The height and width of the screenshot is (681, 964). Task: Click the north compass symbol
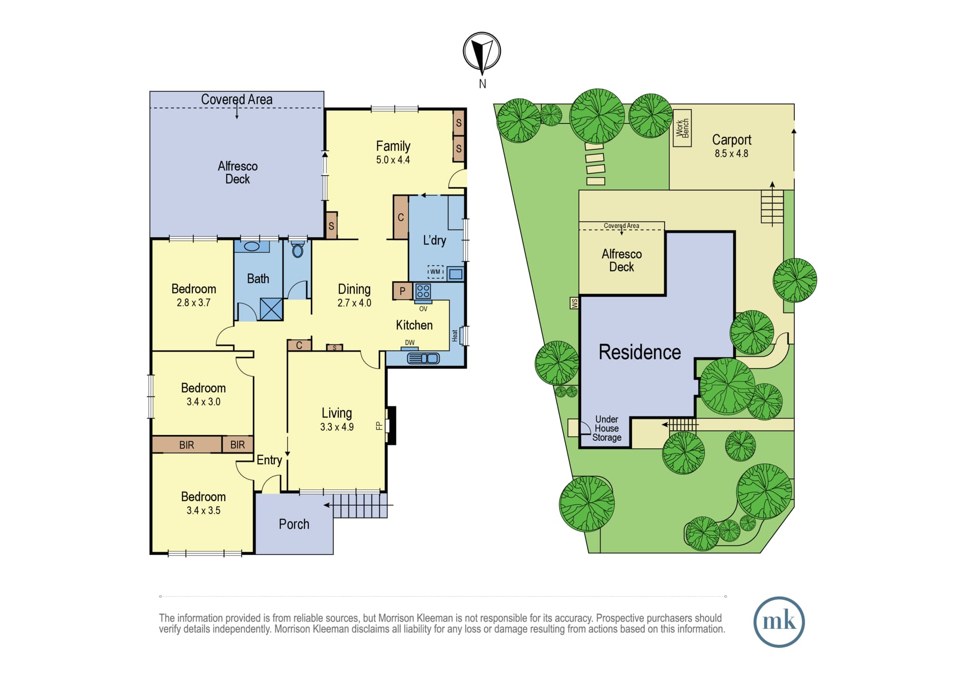point(482,51)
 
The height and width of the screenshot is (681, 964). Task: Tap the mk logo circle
point(779,622)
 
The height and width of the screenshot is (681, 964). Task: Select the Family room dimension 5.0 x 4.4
point(393,160)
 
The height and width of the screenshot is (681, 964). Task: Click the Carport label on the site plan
point(732,140)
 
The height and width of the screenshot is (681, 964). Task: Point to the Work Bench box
point(682,128)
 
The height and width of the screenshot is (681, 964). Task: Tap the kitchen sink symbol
point(423,358)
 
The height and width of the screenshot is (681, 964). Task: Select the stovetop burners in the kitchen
point(423,291)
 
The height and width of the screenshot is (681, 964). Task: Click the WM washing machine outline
point(435,272)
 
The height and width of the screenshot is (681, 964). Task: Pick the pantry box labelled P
point(402,291)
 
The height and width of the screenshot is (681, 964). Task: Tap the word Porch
point(294,524)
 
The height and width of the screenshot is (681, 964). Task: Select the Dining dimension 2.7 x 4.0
point(354,303)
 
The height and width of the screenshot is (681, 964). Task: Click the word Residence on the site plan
point(640,352)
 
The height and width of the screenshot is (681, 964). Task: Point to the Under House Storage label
point(607,428)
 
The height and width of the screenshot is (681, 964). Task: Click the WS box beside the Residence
point(574,303)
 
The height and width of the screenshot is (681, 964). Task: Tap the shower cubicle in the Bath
point(271,309)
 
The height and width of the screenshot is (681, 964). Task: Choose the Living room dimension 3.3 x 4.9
point(337,427)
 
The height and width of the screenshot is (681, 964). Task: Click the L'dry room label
point(434,240)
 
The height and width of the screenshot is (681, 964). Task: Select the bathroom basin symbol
point(252,247)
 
